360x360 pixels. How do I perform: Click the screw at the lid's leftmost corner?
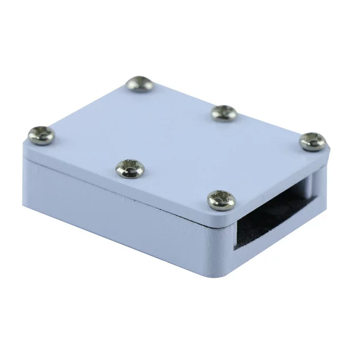pos(41,135)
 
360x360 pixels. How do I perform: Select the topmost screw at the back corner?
pos(140,84)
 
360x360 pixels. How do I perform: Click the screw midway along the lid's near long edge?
pos(128,168)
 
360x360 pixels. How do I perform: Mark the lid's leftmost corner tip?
pos(24,142)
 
